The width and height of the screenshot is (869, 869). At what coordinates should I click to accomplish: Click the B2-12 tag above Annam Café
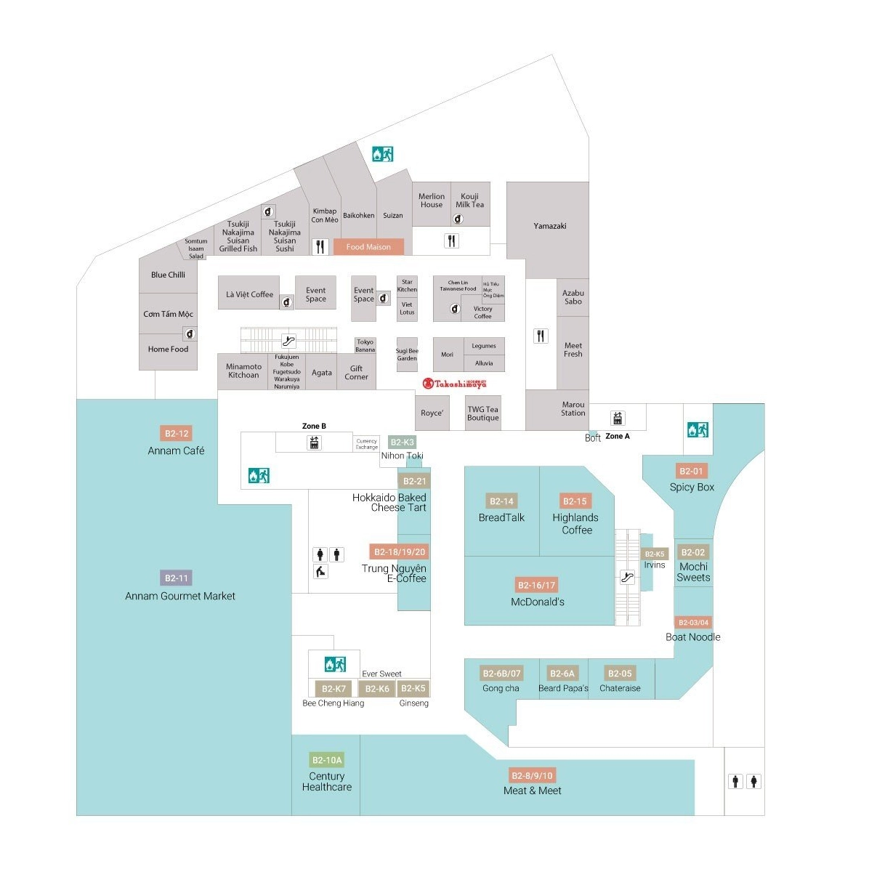[176, 434]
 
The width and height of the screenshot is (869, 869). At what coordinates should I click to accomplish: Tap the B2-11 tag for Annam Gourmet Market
[176, 578]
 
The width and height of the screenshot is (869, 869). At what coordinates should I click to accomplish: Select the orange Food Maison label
[368, 247]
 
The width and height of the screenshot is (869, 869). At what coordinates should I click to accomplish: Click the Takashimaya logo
[455, 384]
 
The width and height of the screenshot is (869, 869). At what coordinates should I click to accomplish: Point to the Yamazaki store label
[549, 226]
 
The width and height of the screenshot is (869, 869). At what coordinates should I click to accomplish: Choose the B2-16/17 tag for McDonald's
[536, 585]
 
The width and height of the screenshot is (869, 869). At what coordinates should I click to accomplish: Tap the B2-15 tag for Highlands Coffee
[575, 501]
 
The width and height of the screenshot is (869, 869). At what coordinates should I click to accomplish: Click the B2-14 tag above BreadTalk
[501, 501]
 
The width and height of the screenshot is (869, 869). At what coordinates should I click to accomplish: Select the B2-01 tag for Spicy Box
[691, 471]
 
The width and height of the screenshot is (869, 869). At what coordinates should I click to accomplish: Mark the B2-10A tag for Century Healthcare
[326, 760]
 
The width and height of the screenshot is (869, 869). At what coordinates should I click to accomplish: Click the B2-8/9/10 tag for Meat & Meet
[532, 775]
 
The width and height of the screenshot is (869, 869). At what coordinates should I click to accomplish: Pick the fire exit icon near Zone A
[698, 429]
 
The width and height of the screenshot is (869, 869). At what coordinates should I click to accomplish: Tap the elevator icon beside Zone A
[618, 418]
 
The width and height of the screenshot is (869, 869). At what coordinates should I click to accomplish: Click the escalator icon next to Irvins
[627, 578]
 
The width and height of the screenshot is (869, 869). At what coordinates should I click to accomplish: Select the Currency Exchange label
[367, 444]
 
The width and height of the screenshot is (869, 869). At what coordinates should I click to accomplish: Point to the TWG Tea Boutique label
[483, 413]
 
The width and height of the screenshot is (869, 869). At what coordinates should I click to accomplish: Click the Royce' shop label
[432, 413]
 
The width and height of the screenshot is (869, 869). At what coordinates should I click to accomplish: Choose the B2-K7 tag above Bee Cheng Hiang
[334, 689]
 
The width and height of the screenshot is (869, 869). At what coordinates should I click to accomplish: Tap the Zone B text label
[314, 426]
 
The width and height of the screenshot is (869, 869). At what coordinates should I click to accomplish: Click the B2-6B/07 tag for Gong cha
[501, 674]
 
